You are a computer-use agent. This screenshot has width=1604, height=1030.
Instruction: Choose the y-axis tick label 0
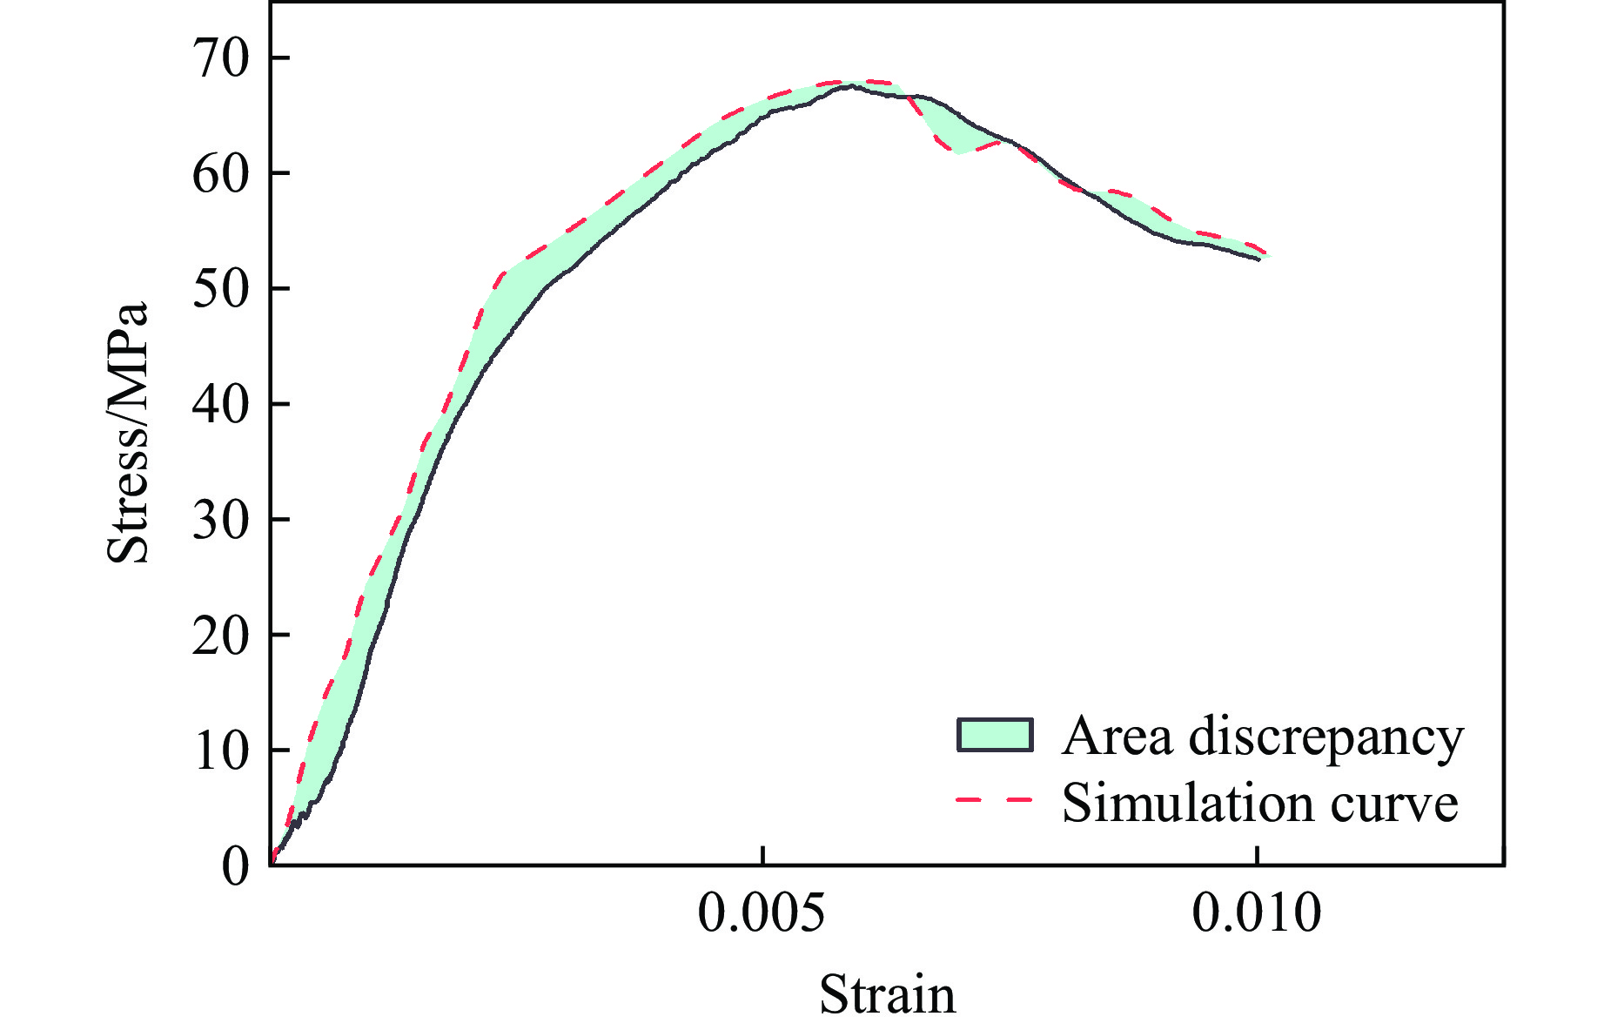(x=235, y=866)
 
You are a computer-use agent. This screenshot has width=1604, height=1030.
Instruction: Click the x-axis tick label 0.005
(x=762, y=914)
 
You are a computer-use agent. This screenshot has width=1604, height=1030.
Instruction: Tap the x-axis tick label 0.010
(x=1256, y=914)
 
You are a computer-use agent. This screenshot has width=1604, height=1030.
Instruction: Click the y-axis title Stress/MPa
(x=129, y=433)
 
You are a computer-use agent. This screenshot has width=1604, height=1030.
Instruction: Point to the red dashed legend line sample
(x=995, y=799)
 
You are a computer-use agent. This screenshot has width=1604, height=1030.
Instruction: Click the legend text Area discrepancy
(x=1262, y=737)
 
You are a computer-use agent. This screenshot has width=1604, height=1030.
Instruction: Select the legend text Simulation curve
(x=1259, y=801)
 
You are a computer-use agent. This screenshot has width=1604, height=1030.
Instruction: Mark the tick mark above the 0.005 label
(x=762, y=855)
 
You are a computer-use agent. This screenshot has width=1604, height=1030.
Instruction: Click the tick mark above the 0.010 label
(x=1256, y=855)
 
